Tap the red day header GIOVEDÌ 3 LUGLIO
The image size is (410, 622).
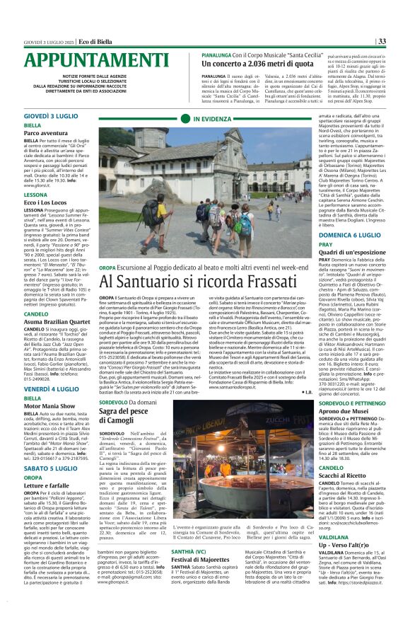(52, 115)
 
